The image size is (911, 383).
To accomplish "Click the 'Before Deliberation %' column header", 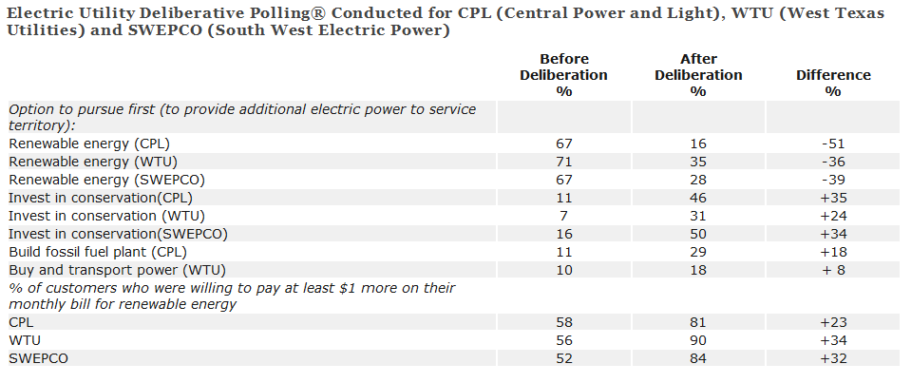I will pos(563,75).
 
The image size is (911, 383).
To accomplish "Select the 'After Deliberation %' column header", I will pos(697,75).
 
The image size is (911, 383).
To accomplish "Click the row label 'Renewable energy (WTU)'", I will pos(87,161).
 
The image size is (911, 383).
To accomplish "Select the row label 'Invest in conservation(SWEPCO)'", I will pos(118,233).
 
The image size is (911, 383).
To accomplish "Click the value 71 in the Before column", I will pos(563,161).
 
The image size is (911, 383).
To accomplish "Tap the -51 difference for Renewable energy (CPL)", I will pos(832,143).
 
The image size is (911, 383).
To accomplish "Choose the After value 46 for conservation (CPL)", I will pos(697,197).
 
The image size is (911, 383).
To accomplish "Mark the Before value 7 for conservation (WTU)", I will pos(563,215).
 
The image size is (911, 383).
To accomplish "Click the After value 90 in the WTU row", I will pos(697,340).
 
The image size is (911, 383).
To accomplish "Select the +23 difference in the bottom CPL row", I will pos(832,322).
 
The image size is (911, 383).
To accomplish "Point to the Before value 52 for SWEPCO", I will pos(563,358).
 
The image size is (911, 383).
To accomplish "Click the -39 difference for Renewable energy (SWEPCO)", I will pos(832,179).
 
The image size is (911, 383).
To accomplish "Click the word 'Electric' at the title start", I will pos(37,13).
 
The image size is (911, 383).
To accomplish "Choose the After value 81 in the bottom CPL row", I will pos(697,322).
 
